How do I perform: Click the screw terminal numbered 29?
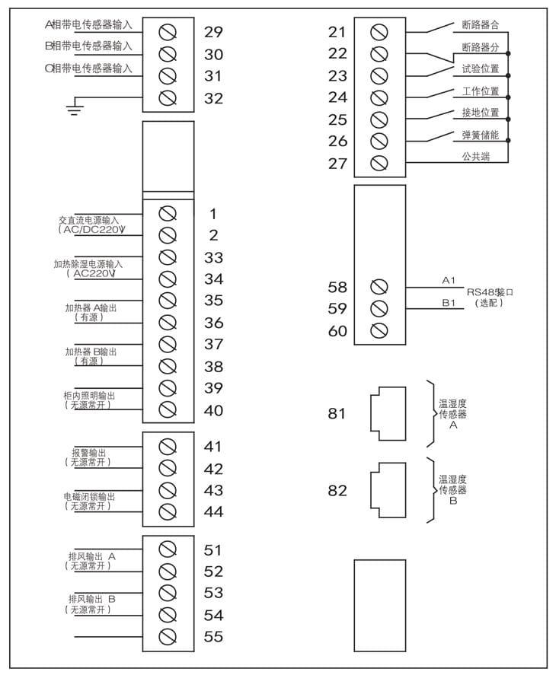click(168, 32)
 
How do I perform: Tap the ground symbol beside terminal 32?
click(74, 108)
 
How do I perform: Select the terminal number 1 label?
click(213, 214)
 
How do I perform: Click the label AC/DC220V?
click(91, 229)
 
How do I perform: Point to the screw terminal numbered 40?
click(168, 410)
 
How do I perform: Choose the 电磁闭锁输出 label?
click(89, 497)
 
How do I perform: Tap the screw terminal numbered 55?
click(168, 636)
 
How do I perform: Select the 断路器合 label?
click(480, 25)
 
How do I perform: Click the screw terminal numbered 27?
click(379, 163)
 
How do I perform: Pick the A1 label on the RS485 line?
click(449, 281)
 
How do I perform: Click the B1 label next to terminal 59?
click(449, 302)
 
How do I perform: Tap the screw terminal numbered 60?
click(379, 330)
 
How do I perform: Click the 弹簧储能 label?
click(480, 135)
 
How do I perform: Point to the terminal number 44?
click(213, 511)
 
